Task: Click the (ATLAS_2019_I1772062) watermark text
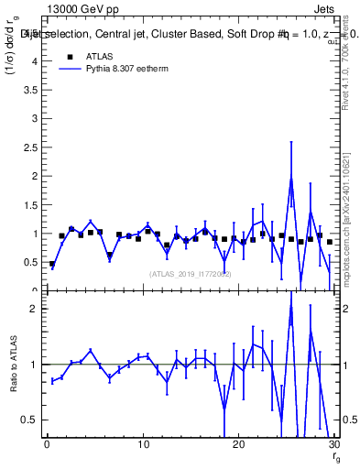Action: point(190,274)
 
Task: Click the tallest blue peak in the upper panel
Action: point(291,178)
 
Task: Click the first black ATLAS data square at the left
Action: point(52,264)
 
